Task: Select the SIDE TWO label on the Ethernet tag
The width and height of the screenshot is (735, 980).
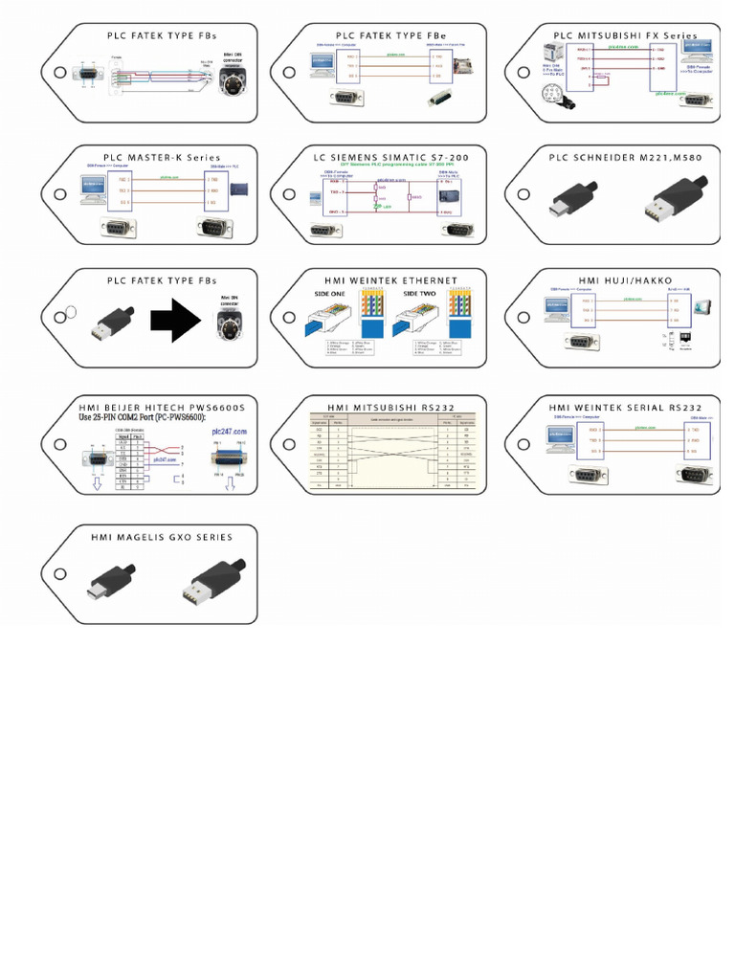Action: point(422,295)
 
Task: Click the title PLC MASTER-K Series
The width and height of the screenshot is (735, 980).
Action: point(162,157)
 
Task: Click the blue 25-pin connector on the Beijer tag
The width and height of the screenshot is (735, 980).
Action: point(227,460)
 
